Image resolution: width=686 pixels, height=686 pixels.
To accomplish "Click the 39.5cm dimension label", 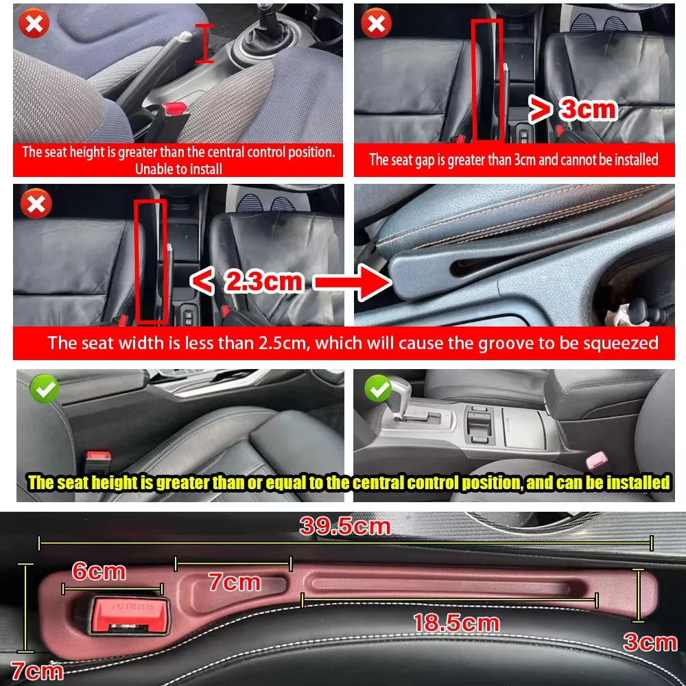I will (344, 527).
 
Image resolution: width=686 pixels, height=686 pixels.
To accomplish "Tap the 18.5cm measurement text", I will (456, 623).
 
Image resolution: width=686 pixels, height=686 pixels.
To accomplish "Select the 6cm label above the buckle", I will (99, 571).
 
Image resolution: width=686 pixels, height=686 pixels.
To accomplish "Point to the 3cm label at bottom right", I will (649, 642).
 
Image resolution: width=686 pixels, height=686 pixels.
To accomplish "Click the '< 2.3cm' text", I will (246, 281).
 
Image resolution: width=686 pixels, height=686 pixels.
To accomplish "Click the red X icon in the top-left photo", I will (34, 25).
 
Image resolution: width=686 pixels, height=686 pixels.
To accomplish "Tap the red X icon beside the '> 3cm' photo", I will (376, 25).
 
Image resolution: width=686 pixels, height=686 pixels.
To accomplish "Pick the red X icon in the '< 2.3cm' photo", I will (34, 204).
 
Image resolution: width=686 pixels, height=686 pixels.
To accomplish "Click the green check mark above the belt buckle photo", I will (45, 390).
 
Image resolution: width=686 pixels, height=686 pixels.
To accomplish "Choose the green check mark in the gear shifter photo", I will (378, 390).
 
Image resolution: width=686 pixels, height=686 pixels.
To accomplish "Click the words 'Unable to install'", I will (178, 169).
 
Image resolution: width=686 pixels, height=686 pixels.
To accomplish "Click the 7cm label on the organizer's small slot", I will (235, 582).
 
